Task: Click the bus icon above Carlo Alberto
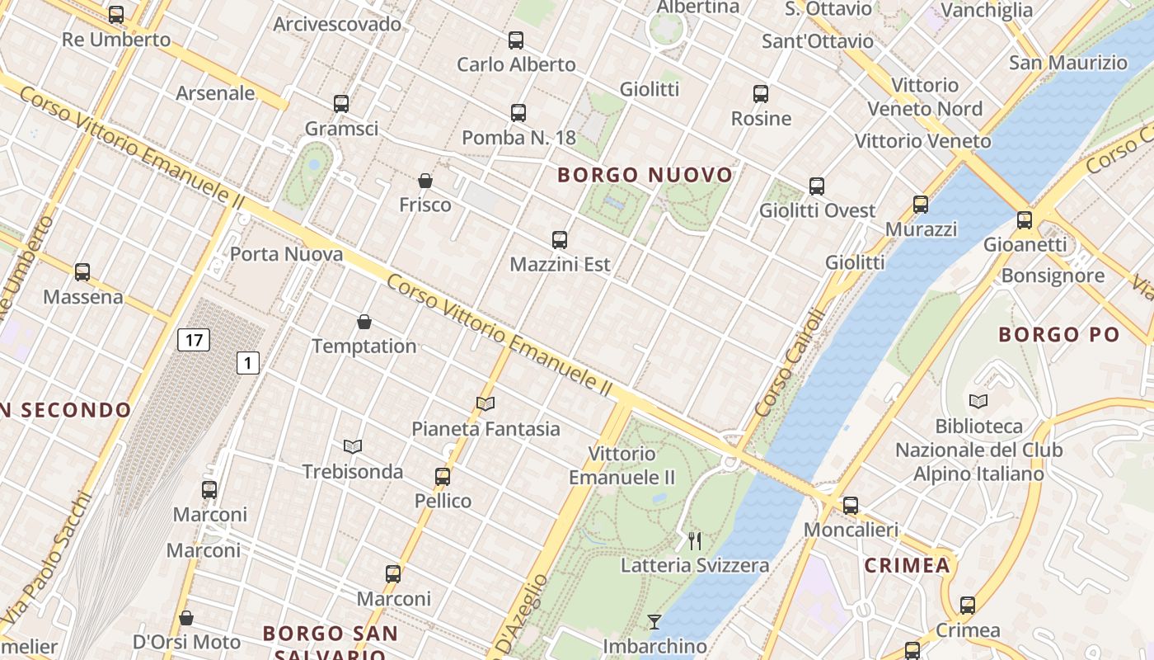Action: click(516, 40)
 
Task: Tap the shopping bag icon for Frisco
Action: click(425, 180)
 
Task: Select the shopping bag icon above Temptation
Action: click(364, 321)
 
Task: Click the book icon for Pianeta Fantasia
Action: click(486, 403)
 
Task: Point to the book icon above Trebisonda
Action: click(353, 446)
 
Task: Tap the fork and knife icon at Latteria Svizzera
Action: click(695, 541)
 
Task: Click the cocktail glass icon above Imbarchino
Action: click(654, 621)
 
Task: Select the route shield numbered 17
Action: click(194, 339)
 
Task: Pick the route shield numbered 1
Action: click(248, 362)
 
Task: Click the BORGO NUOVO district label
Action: click(645, 175)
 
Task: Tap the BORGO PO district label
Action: click(1059, 334)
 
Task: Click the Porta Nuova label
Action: click(286, 254)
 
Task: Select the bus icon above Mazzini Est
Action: click(560, 240)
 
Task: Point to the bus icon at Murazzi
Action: click(921, 204)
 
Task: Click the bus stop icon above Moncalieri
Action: click(851, 505)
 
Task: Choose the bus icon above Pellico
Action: click(443, 476)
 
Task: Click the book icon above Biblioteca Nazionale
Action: click(978, 401)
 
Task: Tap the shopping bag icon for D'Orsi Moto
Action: click(186, 618)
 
